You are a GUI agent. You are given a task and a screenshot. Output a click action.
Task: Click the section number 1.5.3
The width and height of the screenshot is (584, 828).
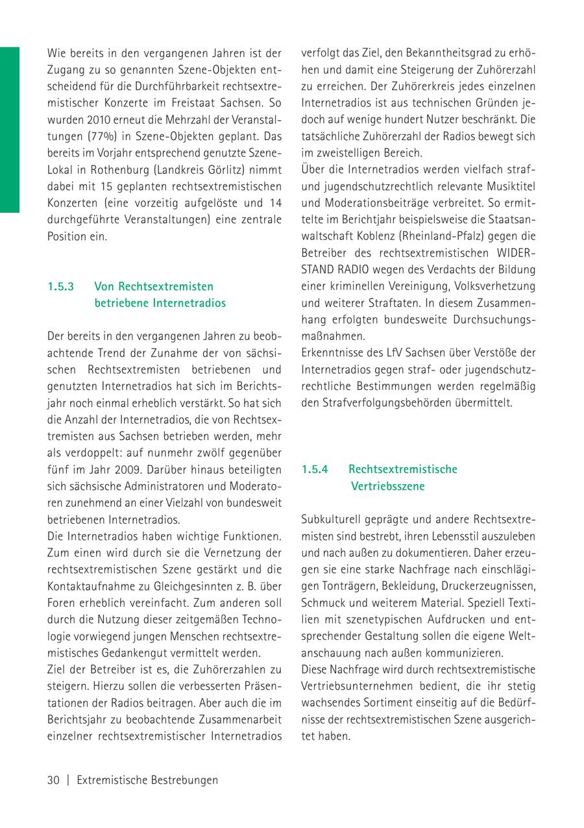pyautogui.click(x=61, y=286)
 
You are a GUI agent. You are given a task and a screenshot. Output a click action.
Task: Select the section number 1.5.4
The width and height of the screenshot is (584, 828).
pyautogui.click(x=315, y=469)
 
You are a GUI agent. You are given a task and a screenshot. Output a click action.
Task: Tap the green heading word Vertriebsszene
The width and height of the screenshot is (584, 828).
pyautogui.click(x=387, y=486)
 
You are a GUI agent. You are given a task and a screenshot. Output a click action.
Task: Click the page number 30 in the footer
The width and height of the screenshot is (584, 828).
pyautogui.click(x=53, y=781)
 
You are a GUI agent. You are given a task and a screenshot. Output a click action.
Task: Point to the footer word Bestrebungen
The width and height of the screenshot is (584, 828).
pyautogui.click(x=184, y=781)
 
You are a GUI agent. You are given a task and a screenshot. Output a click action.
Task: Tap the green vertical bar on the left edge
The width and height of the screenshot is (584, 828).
pyautogui.click(x=10, y=130)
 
